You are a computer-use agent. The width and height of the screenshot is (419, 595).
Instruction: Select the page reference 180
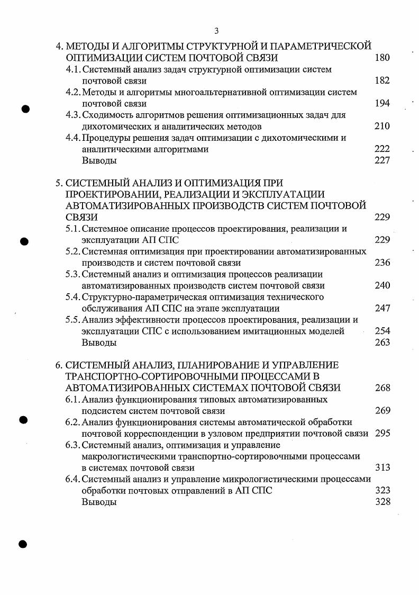click(381, 58)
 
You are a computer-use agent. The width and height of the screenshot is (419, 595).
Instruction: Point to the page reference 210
click(381, 126)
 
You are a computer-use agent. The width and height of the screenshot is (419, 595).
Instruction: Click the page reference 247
click(381, 308)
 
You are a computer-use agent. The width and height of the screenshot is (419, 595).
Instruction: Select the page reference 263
click(381, 342)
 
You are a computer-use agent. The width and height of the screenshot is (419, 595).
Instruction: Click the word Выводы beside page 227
click(99, 160)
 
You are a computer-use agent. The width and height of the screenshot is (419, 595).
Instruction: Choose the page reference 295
click(381, 434)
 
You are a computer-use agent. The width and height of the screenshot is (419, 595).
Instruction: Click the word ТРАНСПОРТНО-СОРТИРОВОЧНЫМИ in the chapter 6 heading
click(147, 376)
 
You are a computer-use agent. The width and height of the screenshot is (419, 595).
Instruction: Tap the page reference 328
click(381, 502)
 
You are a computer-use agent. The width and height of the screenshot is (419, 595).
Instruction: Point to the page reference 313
click(381, 467)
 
